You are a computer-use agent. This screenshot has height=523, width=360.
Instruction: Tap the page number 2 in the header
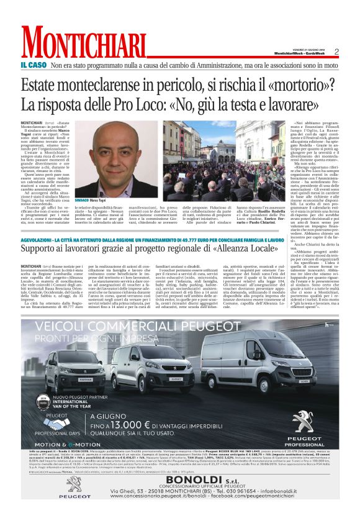(x=336, y=52)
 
